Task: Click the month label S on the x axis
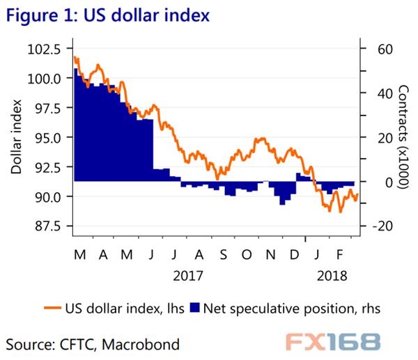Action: click(222, 255)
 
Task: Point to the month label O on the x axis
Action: click(246, 255)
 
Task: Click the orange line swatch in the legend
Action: click(51, 307)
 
